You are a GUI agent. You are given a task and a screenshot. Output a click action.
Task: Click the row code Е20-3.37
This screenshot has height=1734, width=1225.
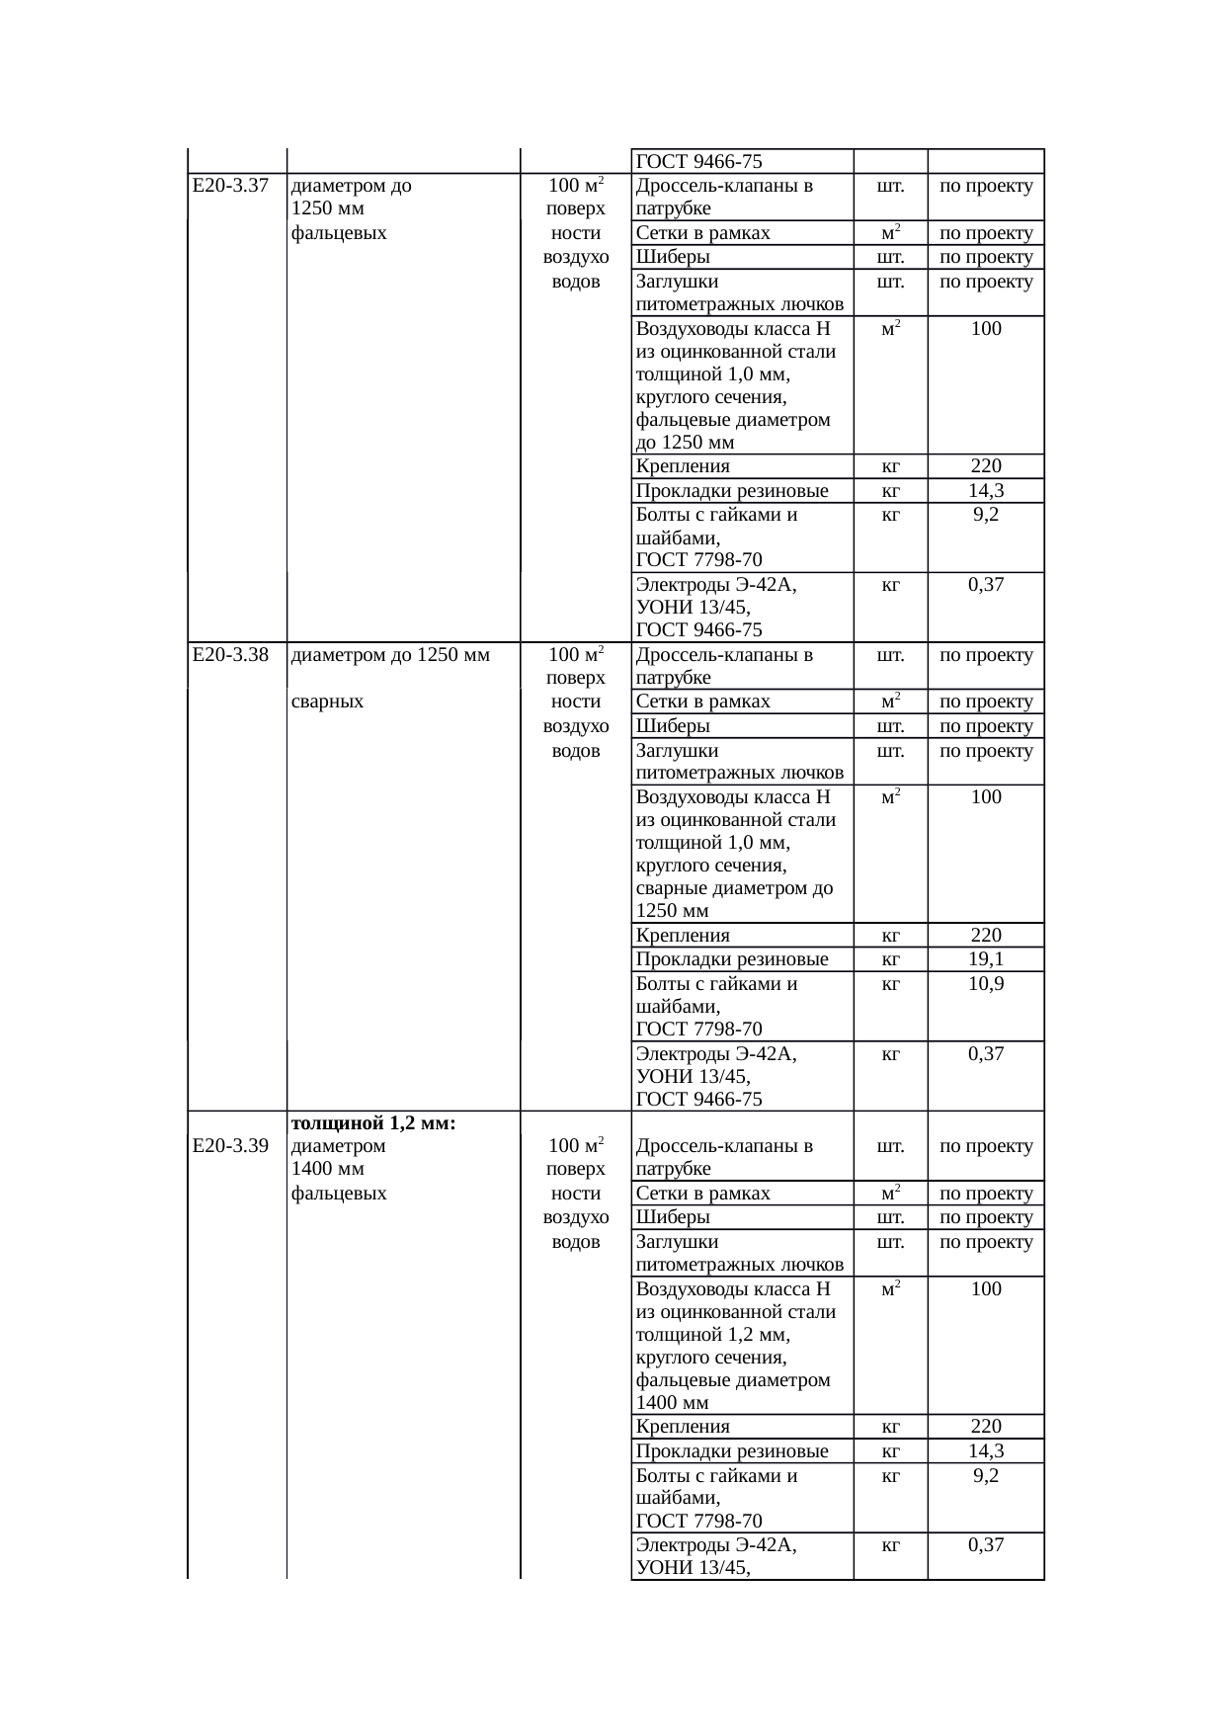[x=230, y=186]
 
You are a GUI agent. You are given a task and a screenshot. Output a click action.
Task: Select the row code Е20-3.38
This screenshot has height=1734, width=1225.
[x=230, y=654]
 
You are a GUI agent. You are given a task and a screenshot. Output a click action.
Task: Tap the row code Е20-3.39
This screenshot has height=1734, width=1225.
[x=230, y=1146]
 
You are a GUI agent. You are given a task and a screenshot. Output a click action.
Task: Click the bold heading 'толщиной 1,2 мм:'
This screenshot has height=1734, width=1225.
[x=373, y=1122]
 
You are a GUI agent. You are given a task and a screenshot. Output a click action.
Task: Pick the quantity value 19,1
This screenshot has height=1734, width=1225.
[x=986, y=959]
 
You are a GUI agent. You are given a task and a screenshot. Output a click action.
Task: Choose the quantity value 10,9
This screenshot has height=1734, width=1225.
[x=986, y=984]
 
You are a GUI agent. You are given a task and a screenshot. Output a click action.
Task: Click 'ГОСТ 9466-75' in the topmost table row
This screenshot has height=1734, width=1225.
[x=699, y=162]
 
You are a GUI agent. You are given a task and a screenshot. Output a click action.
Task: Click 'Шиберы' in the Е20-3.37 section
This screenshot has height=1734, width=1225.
[x=673, y=257]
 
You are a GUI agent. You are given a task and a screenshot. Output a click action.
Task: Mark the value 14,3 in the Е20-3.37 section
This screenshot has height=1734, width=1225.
[x=986, y=491]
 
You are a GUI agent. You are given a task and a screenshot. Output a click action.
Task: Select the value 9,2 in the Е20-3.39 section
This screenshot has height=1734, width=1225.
[x=986, y=1475]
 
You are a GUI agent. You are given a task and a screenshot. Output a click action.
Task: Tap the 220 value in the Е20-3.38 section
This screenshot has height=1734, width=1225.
[x=986, y=935]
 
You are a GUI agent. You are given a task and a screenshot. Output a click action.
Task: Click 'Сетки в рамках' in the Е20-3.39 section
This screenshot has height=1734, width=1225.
[x=703, y=1194]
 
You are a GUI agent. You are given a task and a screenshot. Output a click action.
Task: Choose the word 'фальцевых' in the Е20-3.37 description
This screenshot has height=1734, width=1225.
[x=340, y=233]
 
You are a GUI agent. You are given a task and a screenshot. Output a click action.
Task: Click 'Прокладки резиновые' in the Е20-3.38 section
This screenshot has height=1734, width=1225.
[x=732, y=959]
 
